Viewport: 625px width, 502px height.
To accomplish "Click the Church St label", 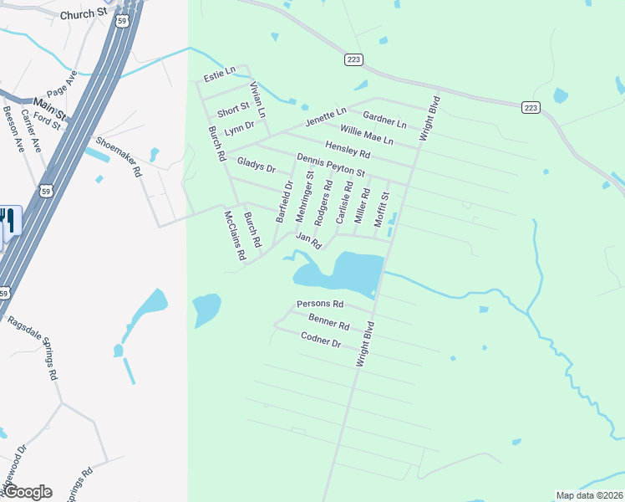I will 86,13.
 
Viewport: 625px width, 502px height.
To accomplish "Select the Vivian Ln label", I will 257,100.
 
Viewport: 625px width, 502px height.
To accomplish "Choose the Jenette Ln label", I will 325,116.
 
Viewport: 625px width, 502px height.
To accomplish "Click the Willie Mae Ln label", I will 366,135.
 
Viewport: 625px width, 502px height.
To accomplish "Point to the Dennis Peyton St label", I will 331,165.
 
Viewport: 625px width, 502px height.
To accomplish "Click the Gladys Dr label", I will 256,164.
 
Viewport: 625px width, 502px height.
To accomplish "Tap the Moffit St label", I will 383,207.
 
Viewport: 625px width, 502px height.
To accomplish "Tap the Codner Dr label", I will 321,339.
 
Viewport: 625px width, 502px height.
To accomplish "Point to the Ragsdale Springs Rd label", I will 33,348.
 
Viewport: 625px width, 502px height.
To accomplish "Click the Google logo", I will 28,492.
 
